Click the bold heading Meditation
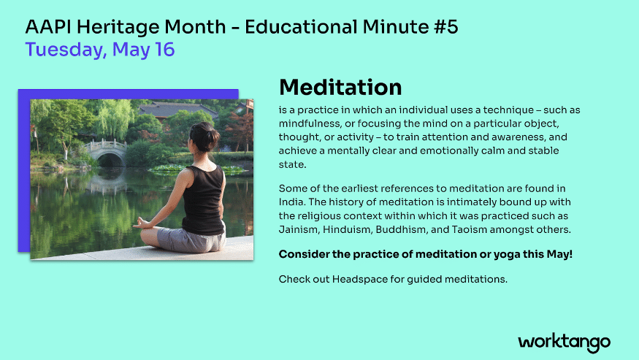[340, 88]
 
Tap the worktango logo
[564, 342]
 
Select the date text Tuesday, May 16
[99, 50]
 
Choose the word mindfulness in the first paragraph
[313, 123]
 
